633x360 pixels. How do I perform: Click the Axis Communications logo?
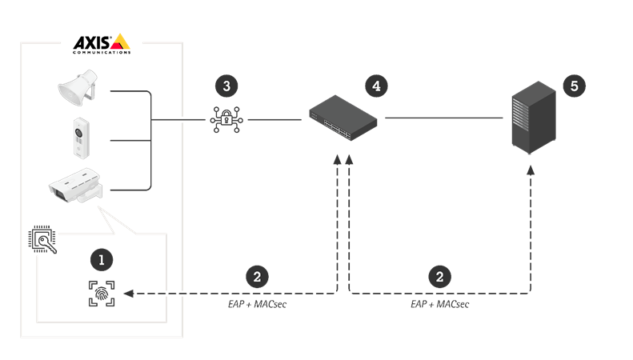pyautogui.click(x=102, y=43)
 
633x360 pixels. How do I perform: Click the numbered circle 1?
pyautogui.click(x=100, y=259)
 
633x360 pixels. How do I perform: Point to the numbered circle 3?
pyautogui.click(x=226, y=86)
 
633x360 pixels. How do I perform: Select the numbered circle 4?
pyautogui.click(x=374, y=86)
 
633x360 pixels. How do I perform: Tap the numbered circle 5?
pyautogui.click(x=573, y=86)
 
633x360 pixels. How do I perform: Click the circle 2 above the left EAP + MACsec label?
pyautogui.click(x=256, y=277)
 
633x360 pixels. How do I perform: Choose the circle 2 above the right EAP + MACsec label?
pyautogui.click(x=439, y=277)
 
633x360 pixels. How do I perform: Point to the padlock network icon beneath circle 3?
pyautogui.click(x=226, y=119)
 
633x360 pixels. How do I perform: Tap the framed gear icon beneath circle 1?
pyautogui.click(x=101, y=294)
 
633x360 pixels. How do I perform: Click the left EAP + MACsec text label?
pyautogui.click(x=257, y=305)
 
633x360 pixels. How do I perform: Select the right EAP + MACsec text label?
pyautogui.click(x=439, y=305)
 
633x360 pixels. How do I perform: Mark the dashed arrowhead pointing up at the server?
pyautogui.click(x=530, y=170)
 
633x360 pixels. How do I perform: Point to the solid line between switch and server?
pyautogui.click(x=444, y=119)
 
